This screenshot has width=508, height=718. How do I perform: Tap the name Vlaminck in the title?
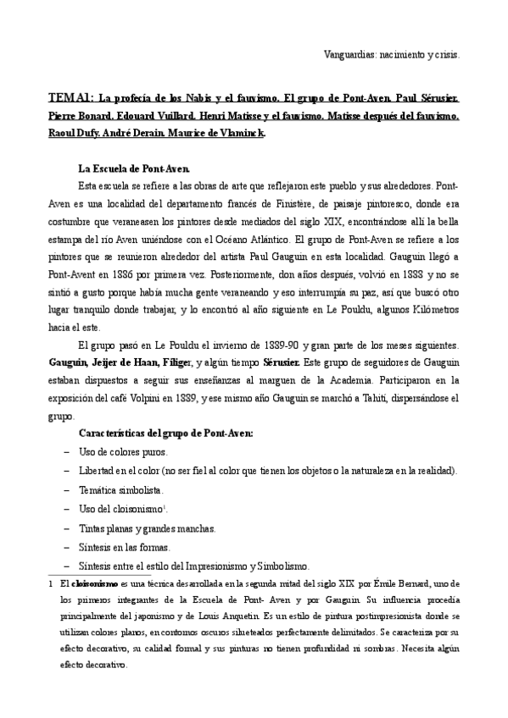coord(242,134)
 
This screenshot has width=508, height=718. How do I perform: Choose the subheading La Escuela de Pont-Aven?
coord(128,168)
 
